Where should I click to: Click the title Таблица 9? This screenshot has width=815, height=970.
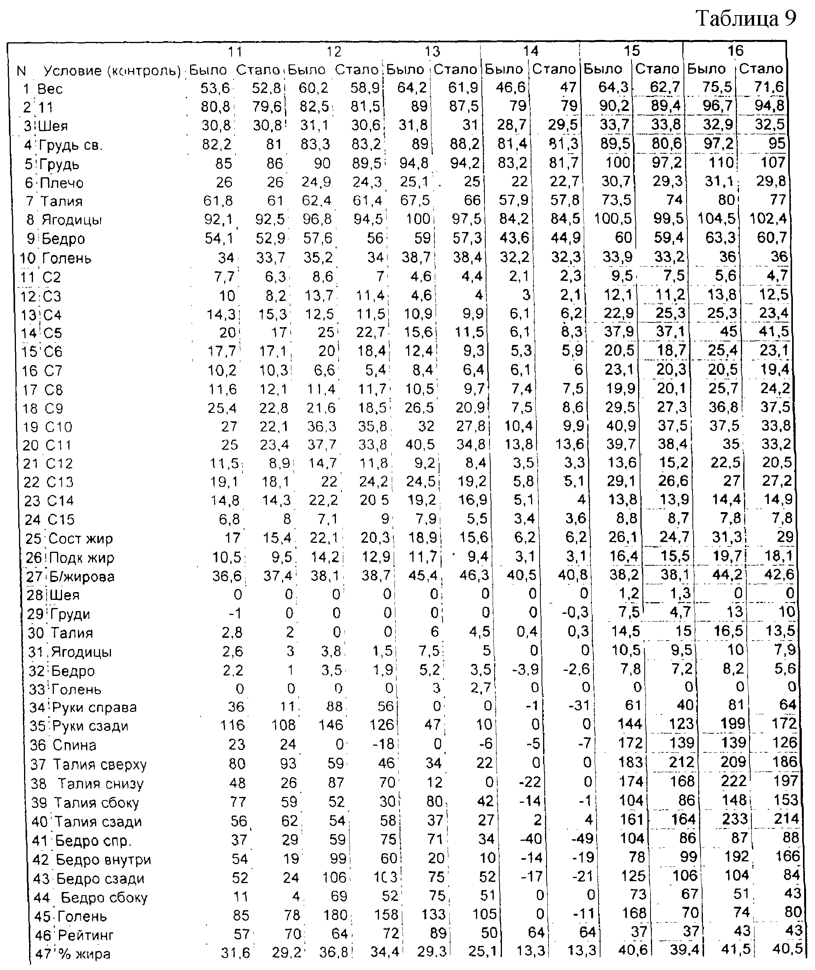(x=746, y=19)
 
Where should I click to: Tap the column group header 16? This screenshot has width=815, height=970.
(x=735, y=50)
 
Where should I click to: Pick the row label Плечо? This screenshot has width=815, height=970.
(x=61, y=183)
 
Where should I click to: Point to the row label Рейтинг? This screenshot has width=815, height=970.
(x=86, y=935)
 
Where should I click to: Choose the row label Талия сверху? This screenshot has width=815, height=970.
(x=100, y=765)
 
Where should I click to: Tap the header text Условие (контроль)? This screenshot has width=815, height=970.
(x=112, y=71)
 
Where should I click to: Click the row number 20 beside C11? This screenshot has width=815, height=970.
(x=31, y=445)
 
